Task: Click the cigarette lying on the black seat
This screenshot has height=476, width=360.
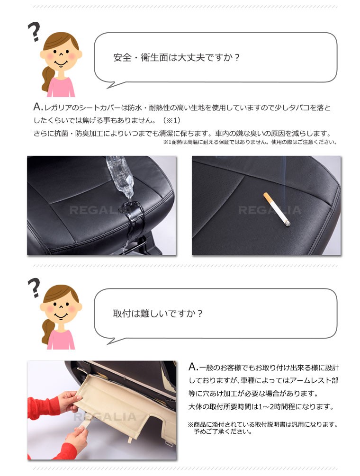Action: [277, 209]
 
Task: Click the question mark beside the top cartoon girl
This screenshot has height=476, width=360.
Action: [34, 32]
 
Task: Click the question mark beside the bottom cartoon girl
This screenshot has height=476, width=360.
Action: [34, 287]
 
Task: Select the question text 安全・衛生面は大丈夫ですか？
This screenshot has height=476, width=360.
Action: [177, 57]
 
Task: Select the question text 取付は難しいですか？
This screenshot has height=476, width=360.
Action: [158, 313]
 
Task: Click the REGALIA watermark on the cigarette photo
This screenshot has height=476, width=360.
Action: [270, 210]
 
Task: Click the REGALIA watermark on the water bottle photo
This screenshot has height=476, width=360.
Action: [100, 210]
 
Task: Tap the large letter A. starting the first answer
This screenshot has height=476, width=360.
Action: [38, 107]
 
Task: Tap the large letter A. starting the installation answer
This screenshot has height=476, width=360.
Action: [193, 367]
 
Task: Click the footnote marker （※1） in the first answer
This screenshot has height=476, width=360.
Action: [171, 120]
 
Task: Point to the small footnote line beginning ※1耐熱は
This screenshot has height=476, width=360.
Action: [250, 142]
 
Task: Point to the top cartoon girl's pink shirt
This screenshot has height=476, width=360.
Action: [61, 87]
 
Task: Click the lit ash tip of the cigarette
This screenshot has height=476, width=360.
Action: [288, 225]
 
